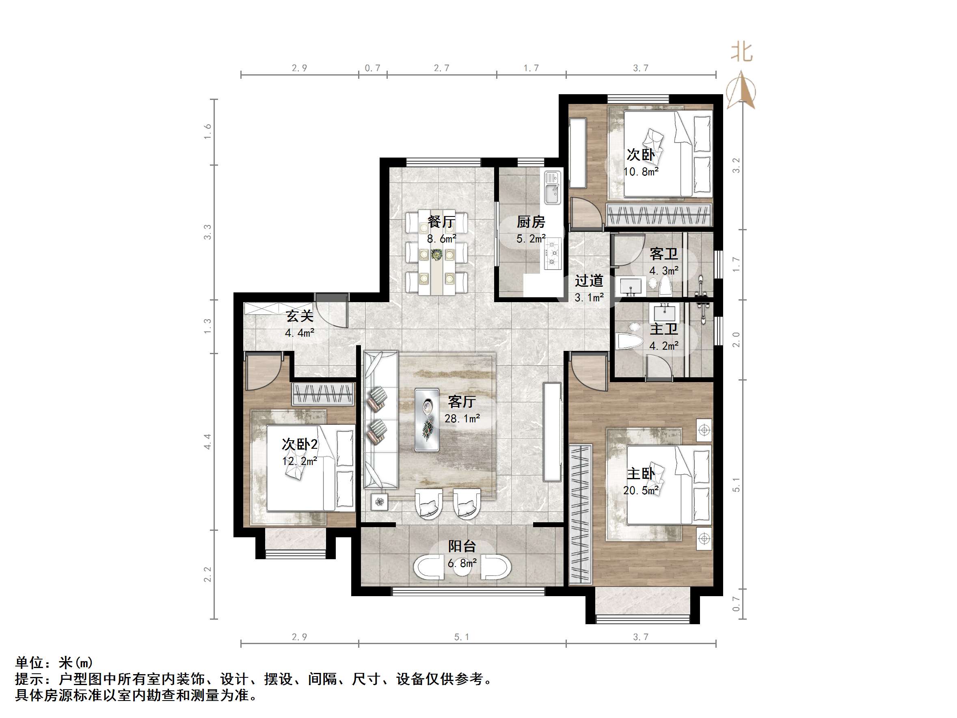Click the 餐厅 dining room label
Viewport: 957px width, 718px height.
441,222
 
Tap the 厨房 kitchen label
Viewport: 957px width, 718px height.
531,222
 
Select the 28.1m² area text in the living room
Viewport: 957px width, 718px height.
462,419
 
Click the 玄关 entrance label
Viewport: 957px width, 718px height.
299,316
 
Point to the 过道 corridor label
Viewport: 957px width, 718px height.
589,281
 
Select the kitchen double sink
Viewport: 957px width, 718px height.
552,187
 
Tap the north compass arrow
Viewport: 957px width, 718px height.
742,91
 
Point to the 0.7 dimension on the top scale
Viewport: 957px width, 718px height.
372,68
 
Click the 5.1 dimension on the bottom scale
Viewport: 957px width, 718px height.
462,637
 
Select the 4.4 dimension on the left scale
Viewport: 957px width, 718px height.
207,441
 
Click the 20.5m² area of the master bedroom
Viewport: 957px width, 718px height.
641,490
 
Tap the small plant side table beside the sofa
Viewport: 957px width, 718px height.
379,502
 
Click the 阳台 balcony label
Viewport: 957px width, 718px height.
462,546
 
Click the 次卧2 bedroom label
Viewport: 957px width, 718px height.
300,444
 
